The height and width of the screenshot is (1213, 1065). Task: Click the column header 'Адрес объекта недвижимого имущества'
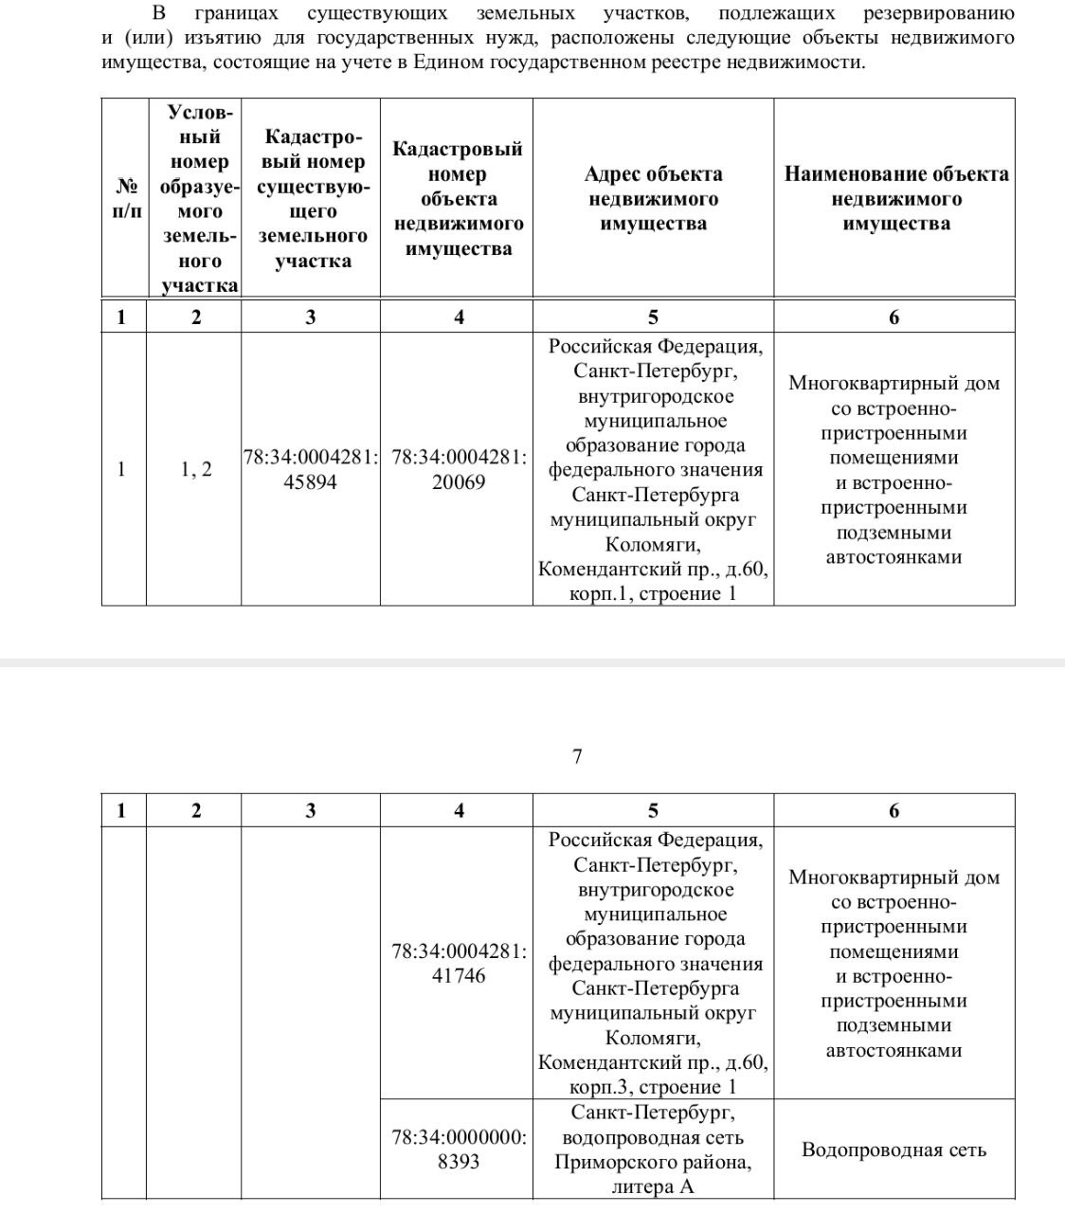click(x=653, y=199)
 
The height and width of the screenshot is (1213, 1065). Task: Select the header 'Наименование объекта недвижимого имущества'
click(x=895, y=199)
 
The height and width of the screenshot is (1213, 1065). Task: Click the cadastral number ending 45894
click(x=311, y=470)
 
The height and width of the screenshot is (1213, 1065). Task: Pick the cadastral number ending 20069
click(x=459, y=470)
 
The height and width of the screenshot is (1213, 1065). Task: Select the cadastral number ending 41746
click(x=459, y=963)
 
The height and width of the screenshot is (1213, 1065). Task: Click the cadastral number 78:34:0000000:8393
click(x=459, y=1149)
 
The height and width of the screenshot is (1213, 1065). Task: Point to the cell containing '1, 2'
click(x=196, y=469)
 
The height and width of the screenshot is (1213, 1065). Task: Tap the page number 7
click(x=577, y=756)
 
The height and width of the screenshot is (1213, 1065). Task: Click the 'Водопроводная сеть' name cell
click(x=894, y=1150)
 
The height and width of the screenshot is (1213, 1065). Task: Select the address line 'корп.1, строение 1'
click(x=653, y=594)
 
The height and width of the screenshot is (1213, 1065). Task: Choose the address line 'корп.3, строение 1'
click(x=653, y=1087)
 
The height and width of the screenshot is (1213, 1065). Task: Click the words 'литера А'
click(x=653, y=1186)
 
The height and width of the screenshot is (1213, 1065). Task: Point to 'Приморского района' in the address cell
click(x=653, y=1162)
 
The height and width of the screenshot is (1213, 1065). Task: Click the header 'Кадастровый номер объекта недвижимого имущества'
click(x=459, y=199)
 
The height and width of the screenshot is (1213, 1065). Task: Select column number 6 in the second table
click(x=894, y=810)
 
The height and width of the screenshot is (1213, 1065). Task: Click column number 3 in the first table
click(x=311, y=317)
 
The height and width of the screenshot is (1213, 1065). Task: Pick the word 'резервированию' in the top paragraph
click(x=939, y=13)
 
